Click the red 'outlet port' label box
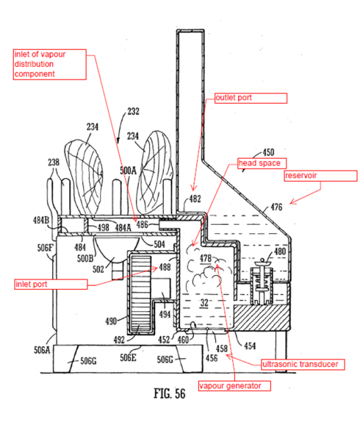click(251, 98)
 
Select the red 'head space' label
click(262, 163)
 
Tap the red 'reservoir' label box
click(320, 176)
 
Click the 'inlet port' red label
click(51, 284)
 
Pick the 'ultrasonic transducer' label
click(303, 364)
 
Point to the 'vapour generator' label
click(234, 386)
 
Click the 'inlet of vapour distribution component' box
click(50, 65)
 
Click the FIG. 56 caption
click(170, 393)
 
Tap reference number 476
click(276, 207)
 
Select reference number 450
click(268, 152)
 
